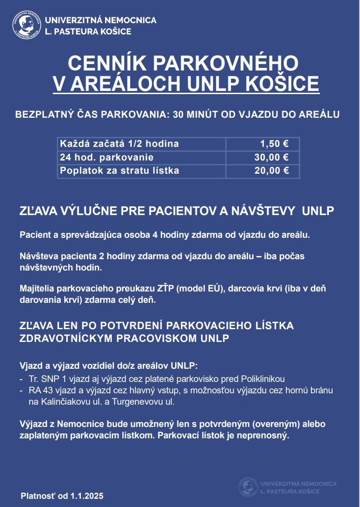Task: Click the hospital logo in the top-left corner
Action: [26, 25]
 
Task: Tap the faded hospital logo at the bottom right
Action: [248, 487]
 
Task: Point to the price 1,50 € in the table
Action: [274, 144]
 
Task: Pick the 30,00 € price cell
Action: [271, 158]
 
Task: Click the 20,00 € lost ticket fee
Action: [271, 171]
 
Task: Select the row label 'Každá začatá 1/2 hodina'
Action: [120, 144]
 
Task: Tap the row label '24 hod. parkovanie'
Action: [107, 158]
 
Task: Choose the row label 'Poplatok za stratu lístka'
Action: [120, 171]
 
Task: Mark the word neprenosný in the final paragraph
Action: [266, 436]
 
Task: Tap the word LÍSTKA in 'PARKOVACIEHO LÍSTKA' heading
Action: [270, 326]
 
